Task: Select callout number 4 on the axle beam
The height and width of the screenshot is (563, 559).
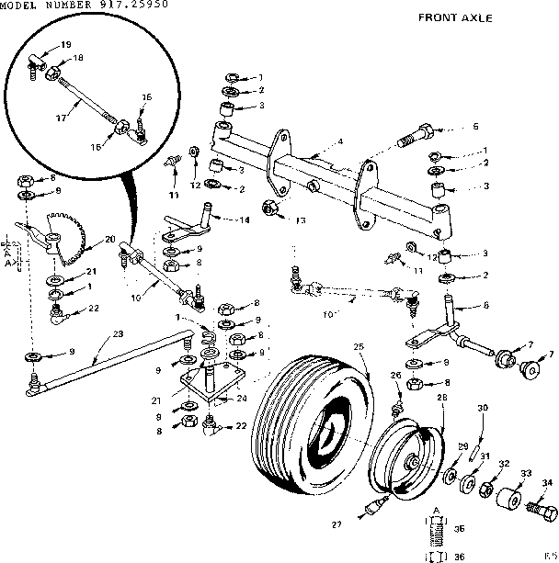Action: (339, 141)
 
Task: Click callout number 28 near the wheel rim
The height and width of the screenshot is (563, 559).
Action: (442, 397)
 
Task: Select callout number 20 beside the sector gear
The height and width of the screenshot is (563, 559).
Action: (109, 239)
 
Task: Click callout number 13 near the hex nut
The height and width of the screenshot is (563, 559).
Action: (300, 220)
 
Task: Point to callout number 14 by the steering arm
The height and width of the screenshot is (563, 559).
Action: (245, 220)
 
